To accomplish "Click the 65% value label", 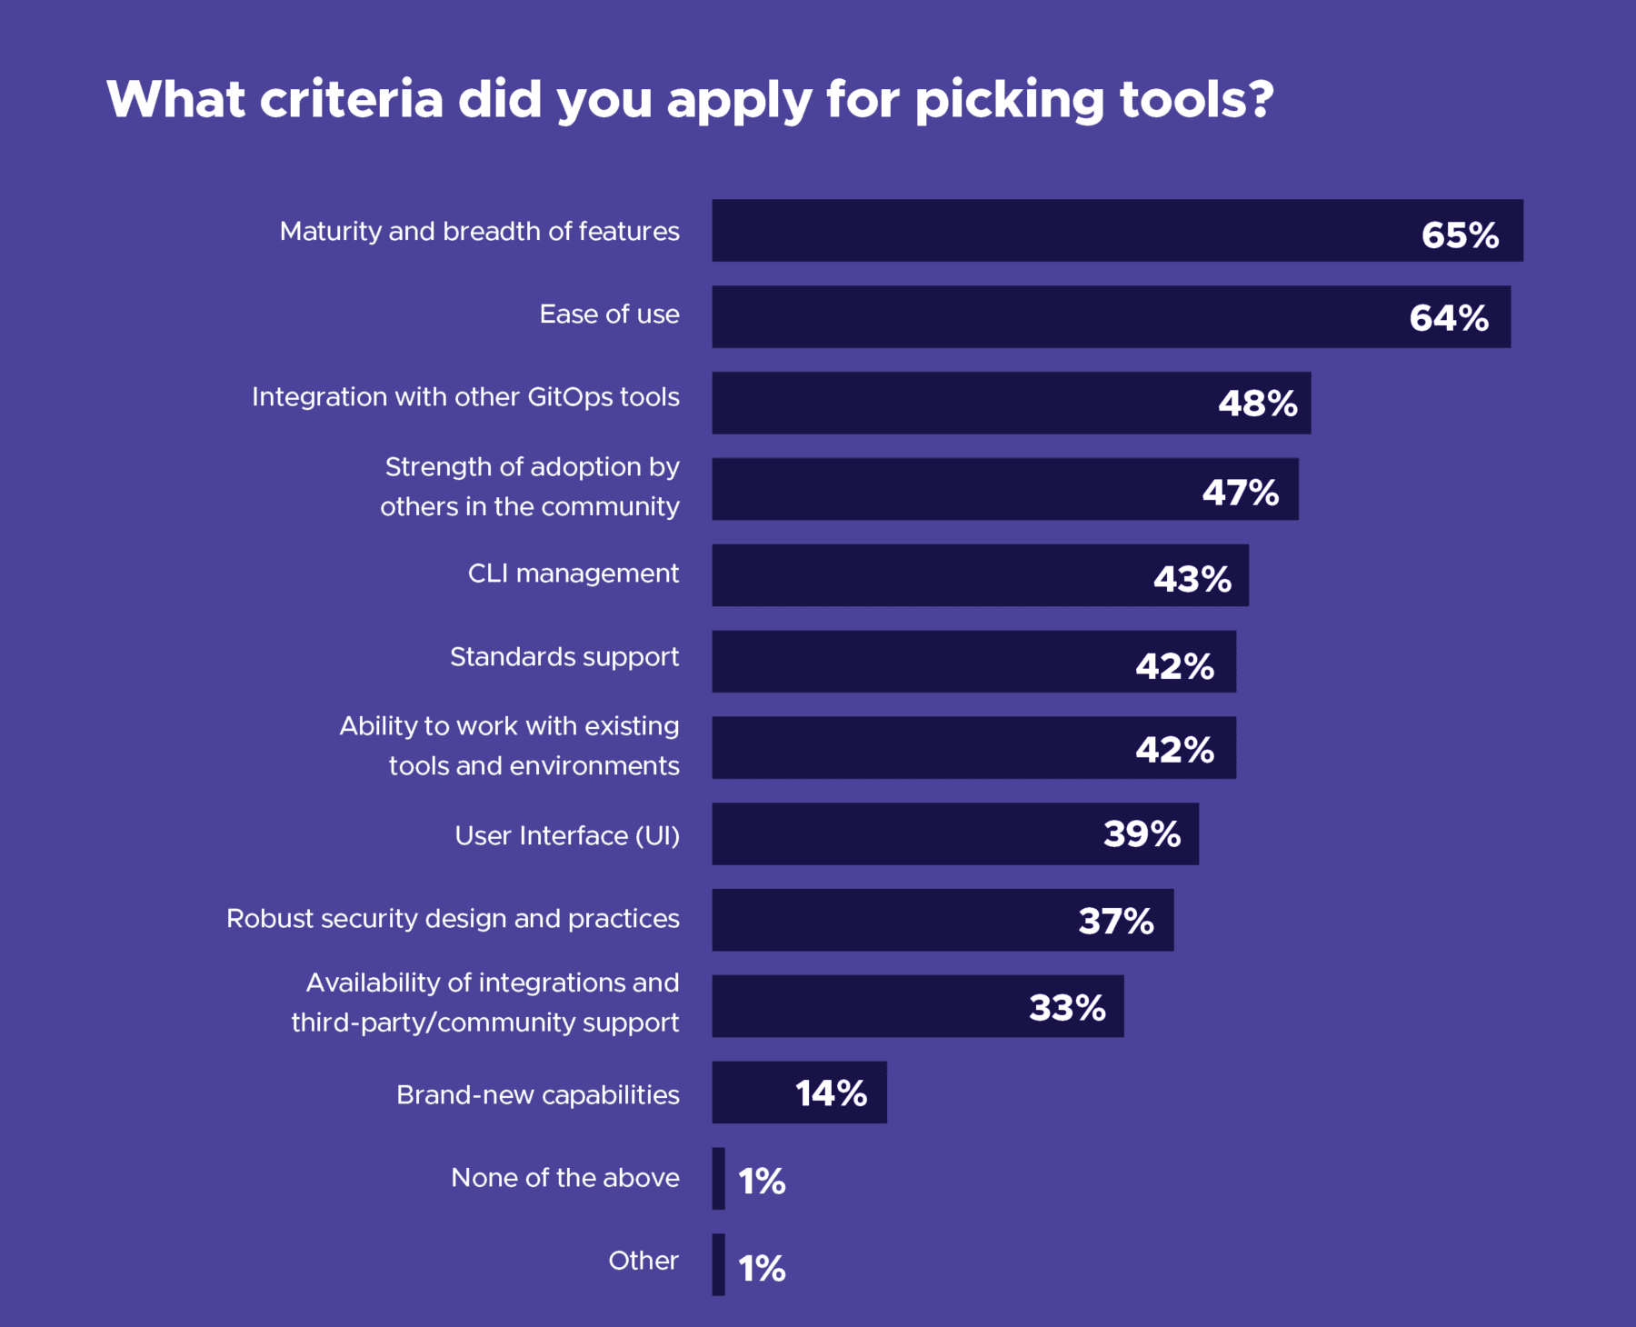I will click(x=1460, y=235).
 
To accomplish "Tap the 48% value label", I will click(x=1257, y=404).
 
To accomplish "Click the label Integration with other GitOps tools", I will click(x=465, y=397).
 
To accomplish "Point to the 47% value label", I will click(x=1240, y=493).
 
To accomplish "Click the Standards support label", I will click(x=564, y=656).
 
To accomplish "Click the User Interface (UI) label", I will click(x=567, y=835).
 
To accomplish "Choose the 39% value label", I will click(x=1142, y=834).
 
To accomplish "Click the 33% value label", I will click(x=1067, y=1007).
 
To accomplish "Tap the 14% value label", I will click(x=831, y=1093).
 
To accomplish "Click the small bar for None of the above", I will click(x=718, y=1178).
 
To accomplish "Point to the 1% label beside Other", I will click(x=762, y=1268).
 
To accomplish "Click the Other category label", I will click(x=643, y=1261).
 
